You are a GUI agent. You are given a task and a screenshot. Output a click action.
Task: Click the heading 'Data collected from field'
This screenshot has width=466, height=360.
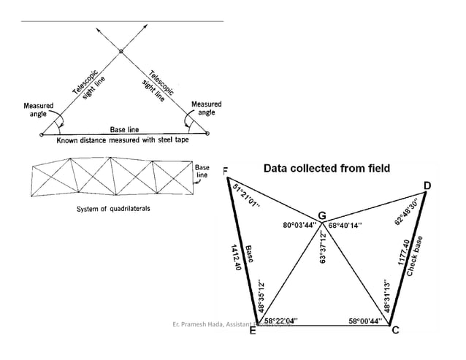(x=326, y=168)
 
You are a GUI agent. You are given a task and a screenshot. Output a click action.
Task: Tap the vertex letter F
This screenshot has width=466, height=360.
(x=225, y=172)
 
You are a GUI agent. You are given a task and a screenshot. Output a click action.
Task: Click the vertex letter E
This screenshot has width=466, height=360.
(x=252, y=331)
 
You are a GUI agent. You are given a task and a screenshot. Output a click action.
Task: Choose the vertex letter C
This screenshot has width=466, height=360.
(x=395, y=331)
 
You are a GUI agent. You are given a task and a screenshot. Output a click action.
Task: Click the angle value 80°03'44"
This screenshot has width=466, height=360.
(x=298, y=225)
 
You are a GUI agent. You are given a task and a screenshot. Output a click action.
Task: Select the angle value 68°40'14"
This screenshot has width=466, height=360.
(x=349, y=226)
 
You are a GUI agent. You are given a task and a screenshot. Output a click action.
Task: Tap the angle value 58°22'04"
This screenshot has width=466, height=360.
(x=280, y=320)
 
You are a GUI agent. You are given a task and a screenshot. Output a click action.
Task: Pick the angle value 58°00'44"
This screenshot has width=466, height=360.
(x=364, y=320)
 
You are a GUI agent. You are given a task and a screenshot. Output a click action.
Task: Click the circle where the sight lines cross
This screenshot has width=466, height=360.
(x=121, y=51)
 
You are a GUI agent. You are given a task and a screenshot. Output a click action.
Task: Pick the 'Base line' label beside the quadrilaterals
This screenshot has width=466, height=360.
(x=202, y=171)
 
